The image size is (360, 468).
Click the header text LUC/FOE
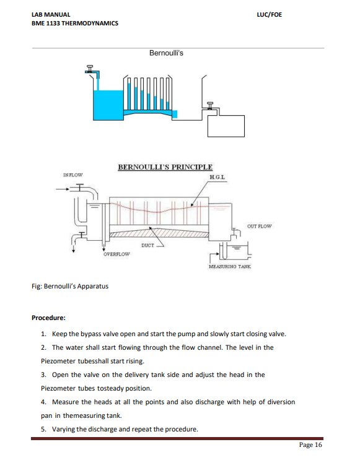tap(268, 14)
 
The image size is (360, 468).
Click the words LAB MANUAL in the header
tap(51, 14)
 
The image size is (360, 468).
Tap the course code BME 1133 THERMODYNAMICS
tap(74, 24)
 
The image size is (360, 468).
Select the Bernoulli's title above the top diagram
tap(166, 53)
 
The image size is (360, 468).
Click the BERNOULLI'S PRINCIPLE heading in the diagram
tap(165, 167)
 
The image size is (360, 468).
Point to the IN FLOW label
tap(72, 175)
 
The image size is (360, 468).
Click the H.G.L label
tap(217, 178)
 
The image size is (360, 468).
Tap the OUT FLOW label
tap(259, 226)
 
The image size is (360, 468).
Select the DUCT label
tap(147, 245)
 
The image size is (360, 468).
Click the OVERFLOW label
tap(116, 254)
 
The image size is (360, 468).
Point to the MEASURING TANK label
tap(230, 266)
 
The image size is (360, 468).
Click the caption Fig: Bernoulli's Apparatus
tap(69, 286)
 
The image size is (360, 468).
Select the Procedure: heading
tap(48, 318)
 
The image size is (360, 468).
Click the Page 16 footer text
tap(310, 445)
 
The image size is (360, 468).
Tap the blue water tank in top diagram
tap(107, 102)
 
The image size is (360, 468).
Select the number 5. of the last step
tap(43, 429)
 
